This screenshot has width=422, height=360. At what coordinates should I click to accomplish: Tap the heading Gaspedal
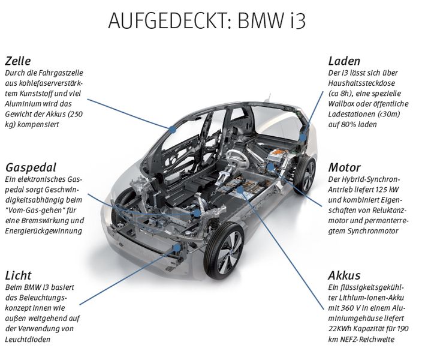click(31, 167)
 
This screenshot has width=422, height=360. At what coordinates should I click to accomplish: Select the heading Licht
click(18, 275)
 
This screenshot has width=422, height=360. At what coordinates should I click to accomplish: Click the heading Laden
click(344, 61)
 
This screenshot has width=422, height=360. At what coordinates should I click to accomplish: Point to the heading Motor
click(344, 167)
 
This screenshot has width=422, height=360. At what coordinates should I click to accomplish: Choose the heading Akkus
click(344, 275)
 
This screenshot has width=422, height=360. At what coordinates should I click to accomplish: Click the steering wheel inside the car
click(236, 155)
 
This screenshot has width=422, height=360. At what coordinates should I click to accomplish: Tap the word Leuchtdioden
click(31, 340)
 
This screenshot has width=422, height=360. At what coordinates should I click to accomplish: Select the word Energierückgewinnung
click(44, 230)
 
